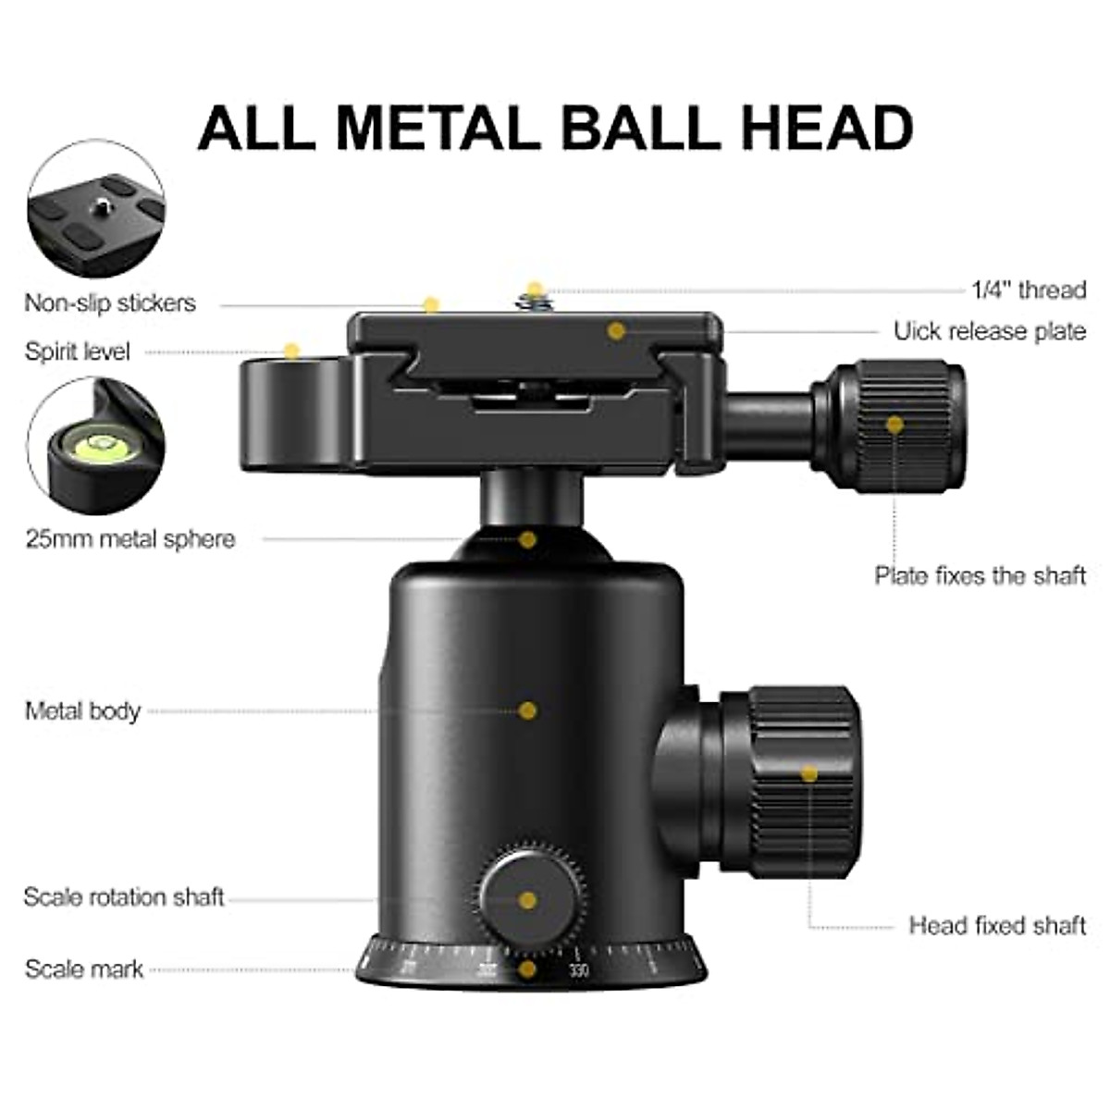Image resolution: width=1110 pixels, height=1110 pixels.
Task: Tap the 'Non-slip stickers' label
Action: (110, 303)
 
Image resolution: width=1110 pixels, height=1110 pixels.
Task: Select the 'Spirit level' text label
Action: (78, 351)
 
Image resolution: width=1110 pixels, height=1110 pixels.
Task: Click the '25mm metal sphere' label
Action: (130, 539)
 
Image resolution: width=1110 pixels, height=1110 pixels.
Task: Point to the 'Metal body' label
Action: (82, 711)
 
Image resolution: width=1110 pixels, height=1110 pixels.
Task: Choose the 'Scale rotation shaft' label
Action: (124, 897)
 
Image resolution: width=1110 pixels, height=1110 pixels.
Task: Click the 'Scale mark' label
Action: (84, 969)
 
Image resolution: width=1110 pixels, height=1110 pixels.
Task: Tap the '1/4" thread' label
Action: (1029, 290)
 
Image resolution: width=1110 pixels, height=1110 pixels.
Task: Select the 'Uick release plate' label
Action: (989, 331)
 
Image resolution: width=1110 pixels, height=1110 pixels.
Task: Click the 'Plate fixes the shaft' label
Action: (980, 575)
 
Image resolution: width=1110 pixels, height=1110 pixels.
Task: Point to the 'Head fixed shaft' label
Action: (997, 926)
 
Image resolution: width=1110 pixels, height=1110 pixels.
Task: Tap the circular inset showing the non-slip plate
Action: (96, 209)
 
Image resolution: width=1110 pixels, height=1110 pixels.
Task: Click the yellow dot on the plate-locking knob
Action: (894, 425)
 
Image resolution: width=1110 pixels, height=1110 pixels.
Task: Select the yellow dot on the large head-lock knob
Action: (809, 773)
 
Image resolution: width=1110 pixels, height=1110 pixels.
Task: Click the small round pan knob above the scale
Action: (529, 899)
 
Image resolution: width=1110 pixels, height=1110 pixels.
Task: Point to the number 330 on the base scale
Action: (579, 970)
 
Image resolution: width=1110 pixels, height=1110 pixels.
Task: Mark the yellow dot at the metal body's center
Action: (527, 710)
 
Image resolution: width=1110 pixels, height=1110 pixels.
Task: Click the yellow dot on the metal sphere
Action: (527, 539)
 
